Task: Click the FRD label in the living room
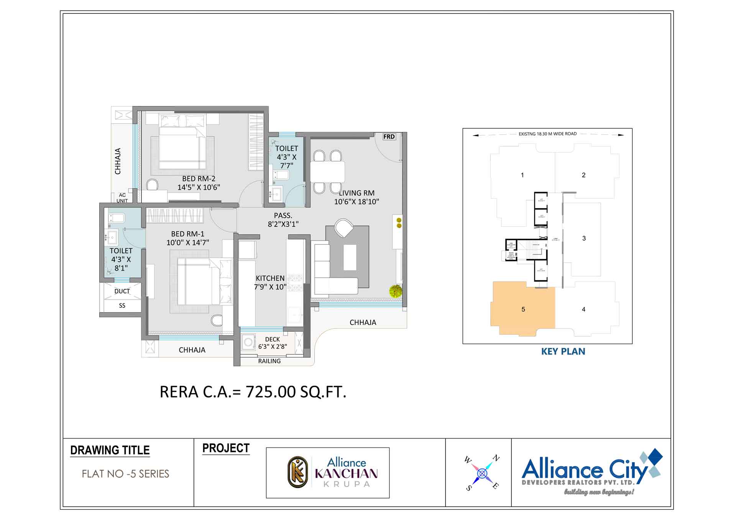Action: pos(389,137)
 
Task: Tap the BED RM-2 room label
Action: pos(199,179)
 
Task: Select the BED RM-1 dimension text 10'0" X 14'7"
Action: pos(188,243)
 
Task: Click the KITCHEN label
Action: pos(270,278)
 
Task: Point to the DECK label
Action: pos(273,339)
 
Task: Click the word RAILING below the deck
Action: pos(269,361)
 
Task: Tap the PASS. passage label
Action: pos(283,216)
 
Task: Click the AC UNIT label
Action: pos(122,198)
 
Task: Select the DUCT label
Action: pos(122,291)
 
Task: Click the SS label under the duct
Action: pos(122,305)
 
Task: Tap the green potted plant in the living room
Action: pos(396,291)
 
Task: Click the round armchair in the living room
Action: pos(344,228)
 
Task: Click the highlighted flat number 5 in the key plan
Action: pos(523,309)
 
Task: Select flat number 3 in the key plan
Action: pos(584,238)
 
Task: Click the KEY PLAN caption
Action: pos(563,351)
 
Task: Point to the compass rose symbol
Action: pos(482,474)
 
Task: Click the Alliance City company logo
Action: pos(592,472)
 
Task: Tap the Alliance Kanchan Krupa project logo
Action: pos(328,472)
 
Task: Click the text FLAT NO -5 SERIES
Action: pos(125,474)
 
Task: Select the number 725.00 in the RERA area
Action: pos(271,392)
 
